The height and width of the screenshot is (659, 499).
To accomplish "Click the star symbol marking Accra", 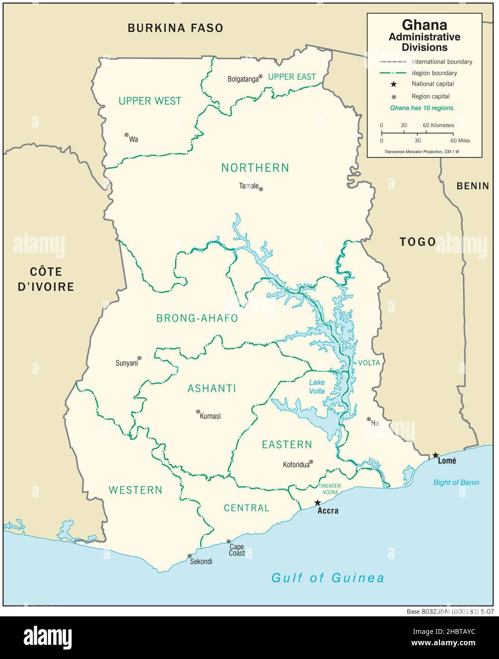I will [x=317, y=503].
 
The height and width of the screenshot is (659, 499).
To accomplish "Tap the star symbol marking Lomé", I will [x=435, y=455].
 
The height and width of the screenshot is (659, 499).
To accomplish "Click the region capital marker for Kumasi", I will [x=198, y=412].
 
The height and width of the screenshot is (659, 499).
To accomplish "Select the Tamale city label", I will [x=249, y=186].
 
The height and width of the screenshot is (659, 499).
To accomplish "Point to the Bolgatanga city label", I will [x=243, y=79].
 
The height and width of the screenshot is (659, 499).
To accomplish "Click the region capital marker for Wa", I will [x=127, y=135].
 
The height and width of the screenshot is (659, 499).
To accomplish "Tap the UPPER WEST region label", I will [x=150, y=101].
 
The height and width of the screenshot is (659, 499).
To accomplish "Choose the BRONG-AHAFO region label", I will [x=197, y=318].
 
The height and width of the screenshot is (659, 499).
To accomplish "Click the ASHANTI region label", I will [x=212, y=388].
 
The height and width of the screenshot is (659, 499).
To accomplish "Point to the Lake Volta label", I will [x=317, y=386].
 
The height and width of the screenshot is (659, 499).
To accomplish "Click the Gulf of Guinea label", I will [x=327, y=577].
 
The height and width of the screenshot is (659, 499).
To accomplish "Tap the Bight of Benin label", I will [x=456, y=482].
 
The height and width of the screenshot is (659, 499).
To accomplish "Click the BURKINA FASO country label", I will [x=175, y=28].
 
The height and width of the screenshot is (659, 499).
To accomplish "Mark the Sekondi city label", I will [x=201, y=562].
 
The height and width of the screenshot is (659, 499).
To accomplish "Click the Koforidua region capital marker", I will [x=311, y=461].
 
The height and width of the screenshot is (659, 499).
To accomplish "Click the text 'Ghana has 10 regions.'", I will [x=422, y=108].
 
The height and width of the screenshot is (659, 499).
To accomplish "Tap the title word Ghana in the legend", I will [x=424, y=24].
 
